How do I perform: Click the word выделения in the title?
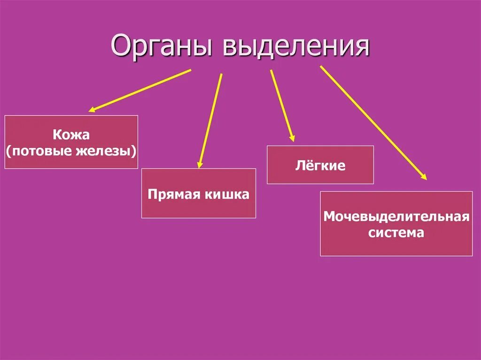(x=295, y=46)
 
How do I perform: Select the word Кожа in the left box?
(x=71, y=135)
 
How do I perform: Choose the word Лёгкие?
(x=320, y=166)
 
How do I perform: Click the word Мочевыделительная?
(x=396, y=217)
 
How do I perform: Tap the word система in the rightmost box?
(x=396, y=232)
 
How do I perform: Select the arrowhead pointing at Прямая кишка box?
(x=200, y=165)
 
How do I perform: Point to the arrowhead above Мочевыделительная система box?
(x=424, y=177)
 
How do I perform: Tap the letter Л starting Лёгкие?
(x=299, y=166)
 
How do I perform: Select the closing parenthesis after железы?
(x=135, y=151)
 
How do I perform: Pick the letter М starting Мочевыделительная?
(x=328, y=217)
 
